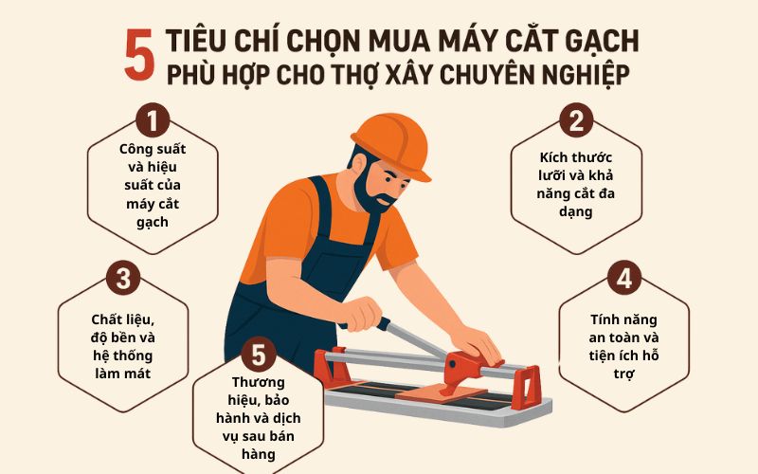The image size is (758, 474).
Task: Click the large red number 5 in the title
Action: pyautogui.click(x=139, y=54)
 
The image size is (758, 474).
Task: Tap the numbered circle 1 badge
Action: pyautogui.click(x=153, y=121)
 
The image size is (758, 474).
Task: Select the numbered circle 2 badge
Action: pyautogui.click(x=576, y=121)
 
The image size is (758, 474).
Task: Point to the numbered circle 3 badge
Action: pyautogui.click(x=123, y=278)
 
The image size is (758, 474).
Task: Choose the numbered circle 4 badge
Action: pyautogui.click(x=624, y=278)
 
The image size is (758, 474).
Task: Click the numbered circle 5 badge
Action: pyautogui.click(x=259, y=354)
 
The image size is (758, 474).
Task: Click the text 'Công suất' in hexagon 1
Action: pyautogui.click(x=153, y=149)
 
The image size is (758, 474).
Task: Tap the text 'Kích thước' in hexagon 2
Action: pyautogui.click(x=576, y=157)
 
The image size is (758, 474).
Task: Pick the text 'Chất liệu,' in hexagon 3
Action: pyautogui.click(x=123, y=319)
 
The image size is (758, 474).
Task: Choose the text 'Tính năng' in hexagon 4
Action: pyautogui.click(x=623, y=319)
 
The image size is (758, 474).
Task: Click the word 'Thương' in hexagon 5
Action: pyautogui.click(x=258, y=383)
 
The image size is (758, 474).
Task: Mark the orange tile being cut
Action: pyautogui.click(x=441, y=393)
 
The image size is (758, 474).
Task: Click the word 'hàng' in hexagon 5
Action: pyautogui.click(x=258, y=455)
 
